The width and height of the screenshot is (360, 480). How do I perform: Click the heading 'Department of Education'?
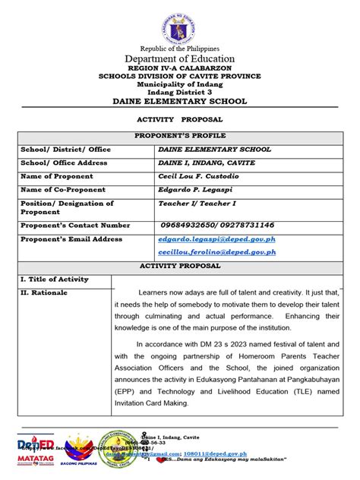click(180, 58)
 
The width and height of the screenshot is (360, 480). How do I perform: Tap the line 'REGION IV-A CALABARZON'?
click(180, 69)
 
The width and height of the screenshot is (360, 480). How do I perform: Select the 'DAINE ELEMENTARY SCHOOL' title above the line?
click(180, 102)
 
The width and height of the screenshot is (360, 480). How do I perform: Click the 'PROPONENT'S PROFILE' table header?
click(180, 136)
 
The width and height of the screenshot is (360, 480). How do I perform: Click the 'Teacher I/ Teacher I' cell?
click(195, 204)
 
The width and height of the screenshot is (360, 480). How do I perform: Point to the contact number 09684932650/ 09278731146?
click(216, 226)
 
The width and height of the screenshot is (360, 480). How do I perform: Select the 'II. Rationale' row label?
click(44, 292)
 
